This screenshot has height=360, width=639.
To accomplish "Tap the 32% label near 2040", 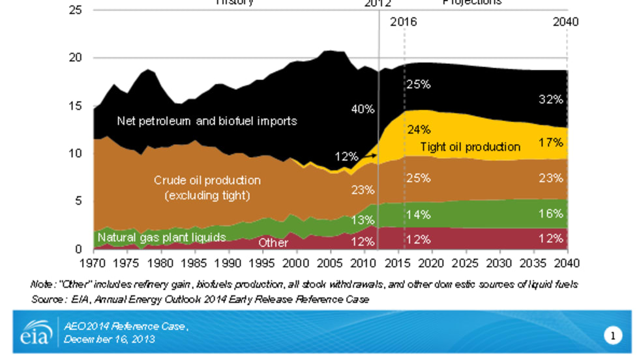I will (552, 100).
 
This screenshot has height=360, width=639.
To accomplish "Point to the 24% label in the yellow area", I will (419, 130).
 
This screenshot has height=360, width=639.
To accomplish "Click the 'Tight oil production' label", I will (469, 147).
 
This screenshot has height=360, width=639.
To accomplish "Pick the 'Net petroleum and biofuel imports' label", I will (207, 121).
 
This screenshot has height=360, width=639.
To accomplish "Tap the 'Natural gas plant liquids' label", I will (161, 237).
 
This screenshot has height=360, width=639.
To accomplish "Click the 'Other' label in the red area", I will (273, 243).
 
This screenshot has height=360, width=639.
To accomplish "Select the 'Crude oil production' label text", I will (207, 180).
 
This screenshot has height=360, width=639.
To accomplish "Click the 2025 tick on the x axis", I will (465, 265).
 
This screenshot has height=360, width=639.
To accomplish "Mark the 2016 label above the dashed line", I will (403, 22).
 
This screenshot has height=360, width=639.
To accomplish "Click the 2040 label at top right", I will (565, 22).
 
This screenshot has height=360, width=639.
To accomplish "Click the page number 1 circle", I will (613, 336).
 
